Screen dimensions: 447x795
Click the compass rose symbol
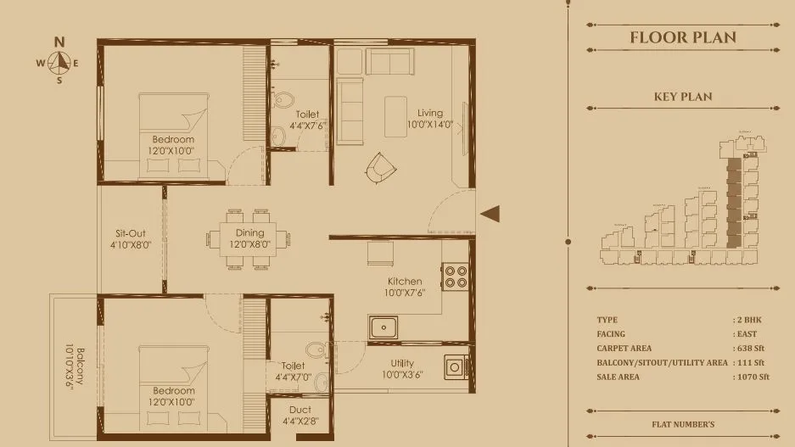click(59, 61)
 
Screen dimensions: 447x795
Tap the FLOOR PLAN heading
click(682, 37)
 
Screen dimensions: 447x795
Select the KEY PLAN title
click(682, 97)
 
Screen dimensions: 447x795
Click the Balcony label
click(76, 365)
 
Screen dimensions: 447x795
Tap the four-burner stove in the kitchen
click(456, 277)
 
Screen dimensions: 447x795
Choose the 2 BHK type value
click(749, 320)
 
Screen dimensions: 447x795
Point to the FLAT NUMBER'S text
click(682, 423)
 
